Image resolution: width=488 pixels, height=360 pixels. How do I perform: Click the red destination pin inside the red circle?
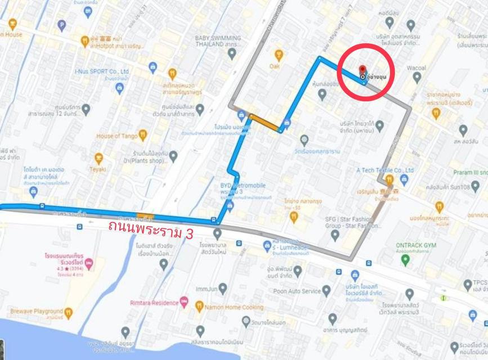pyautogui.click(x=362, y=70)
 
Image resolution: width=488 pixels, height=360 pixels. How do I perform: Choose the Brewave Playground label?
pyautogui.click(x=32, y=311)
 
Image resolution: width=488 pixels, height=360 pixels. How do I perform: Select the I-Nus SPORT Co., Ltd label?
pyautogui.click(x=102, y=71)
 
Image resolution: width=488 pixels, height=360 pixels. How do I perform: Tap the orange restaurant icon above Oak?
pyautogui.click(x=278, y=55)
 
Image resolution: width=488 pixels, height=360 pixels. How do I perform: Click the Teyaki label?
pyautogui.click(x=99, y=168)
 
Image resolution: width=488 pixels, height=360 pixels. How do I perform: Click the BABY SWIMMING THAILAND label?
pyautogui.click(x=218, y=42)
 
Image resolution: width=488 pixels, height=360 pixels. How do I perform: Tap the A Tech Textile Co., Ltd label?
pyautogui.click(x=385, y=170)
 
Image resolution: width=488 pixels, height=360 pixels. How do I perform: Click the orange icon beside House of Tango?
pyautogui.click(x=142, y=135)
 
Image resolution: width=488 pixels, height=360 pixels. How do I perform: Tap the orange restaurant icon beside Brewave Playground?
pyautogui.click(x=68, y=311)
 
